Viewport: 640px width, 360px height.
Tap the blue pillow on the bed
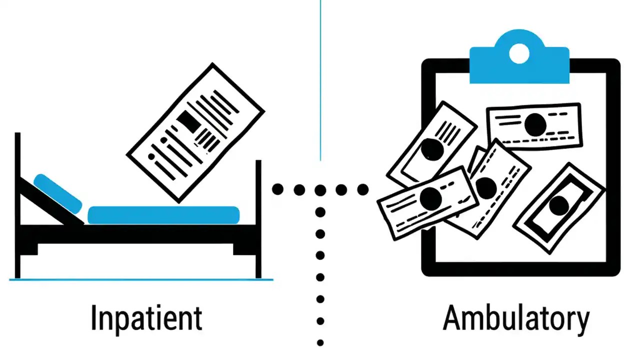pos(57,192)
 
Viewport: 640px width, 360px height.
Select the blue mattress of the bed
pos(163,215)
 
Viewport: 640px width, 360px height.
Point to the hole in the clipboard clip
pos(519,53)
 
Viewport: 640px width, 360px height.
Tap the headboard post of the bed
pos(17,205)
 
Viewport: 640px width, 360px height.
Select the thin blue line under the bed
pos(141,279)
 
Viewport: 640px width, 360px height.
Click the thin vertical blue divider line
pos(320,80)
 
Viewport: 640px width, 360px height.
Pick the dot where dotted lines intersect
pos(320,190)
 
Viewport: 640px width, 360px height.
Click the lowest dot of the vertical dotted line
pos(320,343)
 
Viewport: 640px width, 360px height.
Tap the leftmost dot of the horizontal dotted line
pos(277,189)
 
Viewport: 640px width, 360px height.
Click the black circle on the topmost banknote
pos(535,123)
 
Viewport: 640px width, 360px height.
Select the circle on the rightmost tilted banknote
pos(558,205)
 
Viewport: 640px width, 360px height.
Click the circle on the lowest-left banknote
pos(430,199)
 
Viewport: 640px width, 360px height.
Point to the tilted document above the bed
pos(195,132)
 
